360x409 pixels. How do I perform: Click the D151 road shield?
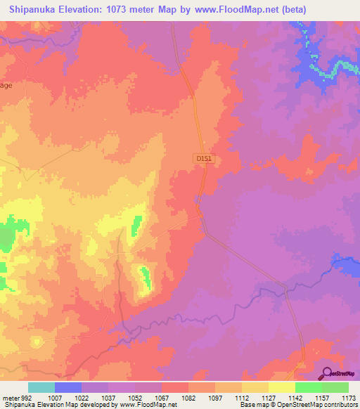coord(204,160)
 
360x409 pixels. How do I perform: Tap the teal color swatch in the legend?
coord(41,387)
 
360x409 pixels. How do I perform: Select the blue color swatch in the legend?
coord(68,387)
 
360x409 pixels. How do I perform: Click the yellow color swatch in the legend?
coord(282,387)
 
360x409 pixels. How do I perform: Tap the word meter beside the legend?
coord(9,397)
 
